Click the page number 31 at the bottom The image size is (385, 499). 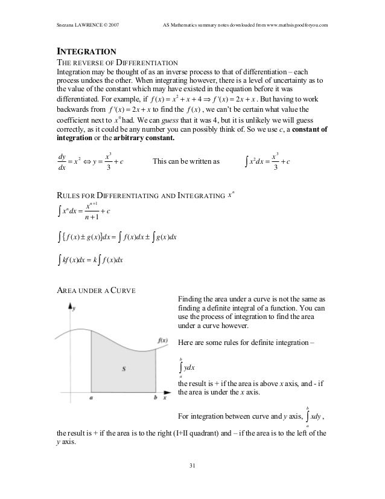[192, 465]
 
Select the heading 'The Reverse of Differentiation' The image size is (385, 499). [116, 62]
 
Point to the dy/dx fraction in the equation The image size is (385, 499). [60, 162]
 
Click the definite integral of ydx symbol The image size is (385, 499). [188, 368]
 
